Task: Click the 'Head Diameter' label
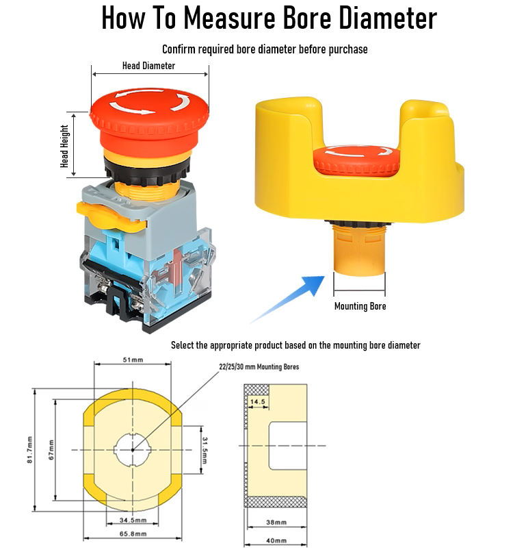click(x=148, y=66)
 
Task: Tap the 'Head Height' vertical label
click(x=64, y=146)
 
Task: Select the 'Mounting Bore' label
click(x=360, y=306)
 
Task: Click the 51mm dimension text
click(x=133, y=360)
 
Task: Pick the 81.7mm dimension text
click(x=30, y=450)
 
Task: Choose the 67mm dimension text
click(x=51, y=450)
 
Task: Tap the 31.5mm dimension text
click(x=205, y=451)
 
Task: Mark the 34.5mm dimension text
click(x=133, y=520)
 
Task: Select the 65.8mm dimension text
click(x=133, y=534)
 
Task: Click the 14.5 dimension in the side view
click(x=258, y=401)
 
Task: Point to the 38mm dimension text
click(x=276, y=522)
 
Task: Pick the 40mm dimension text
click(x=276, y=540)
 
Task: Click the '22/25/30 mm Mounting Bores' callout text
click(x=259, y=366)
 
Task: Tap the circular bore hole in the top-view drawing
click(x=133, y=450)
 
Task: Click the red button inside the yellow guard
click(x=356, y=161)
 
